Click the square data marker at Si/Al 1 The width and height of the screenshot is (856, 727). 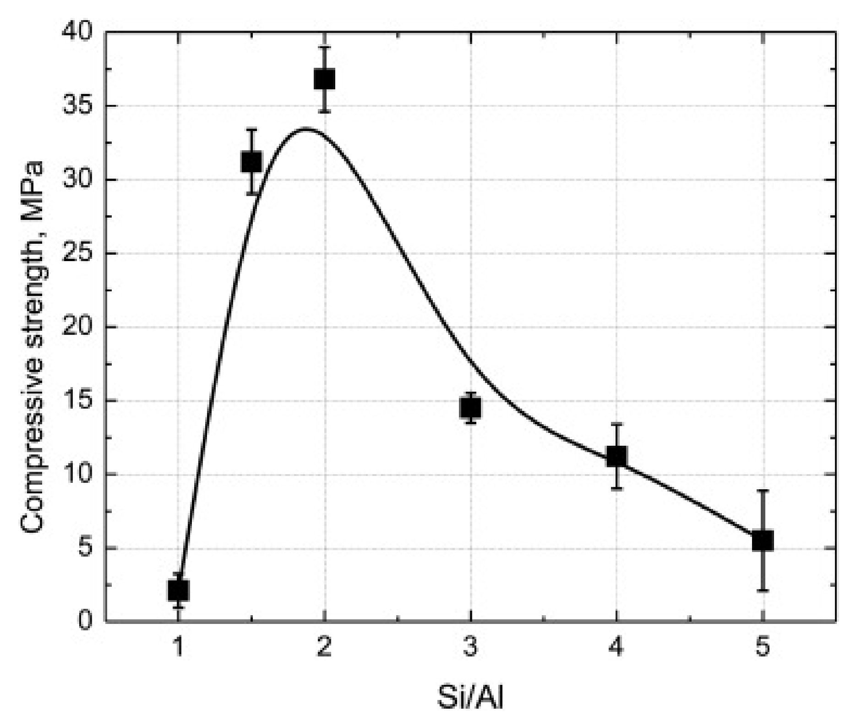[x=178, y=590]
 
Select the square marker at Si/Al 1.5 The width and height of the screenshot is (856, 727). [x=251, y=162]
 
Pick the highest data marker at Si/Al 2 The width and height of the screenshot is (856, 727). [x=324, y=79]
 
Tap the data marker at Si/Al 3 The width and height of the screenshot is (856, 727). [x=470, y=407]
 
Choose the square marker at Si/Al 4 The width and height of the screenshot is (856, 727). [x=616, y=456]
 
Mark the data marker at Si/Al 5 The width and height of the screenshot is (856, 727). [x=763, y=541]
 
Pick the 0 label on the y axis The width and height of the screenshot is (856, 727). [x=87, y=621]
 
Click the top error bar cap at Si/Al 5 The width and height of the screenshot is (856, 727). [x=763, y=491]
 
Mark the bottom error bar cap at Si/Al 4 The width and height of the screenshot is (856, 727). [x=616, y=489]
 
